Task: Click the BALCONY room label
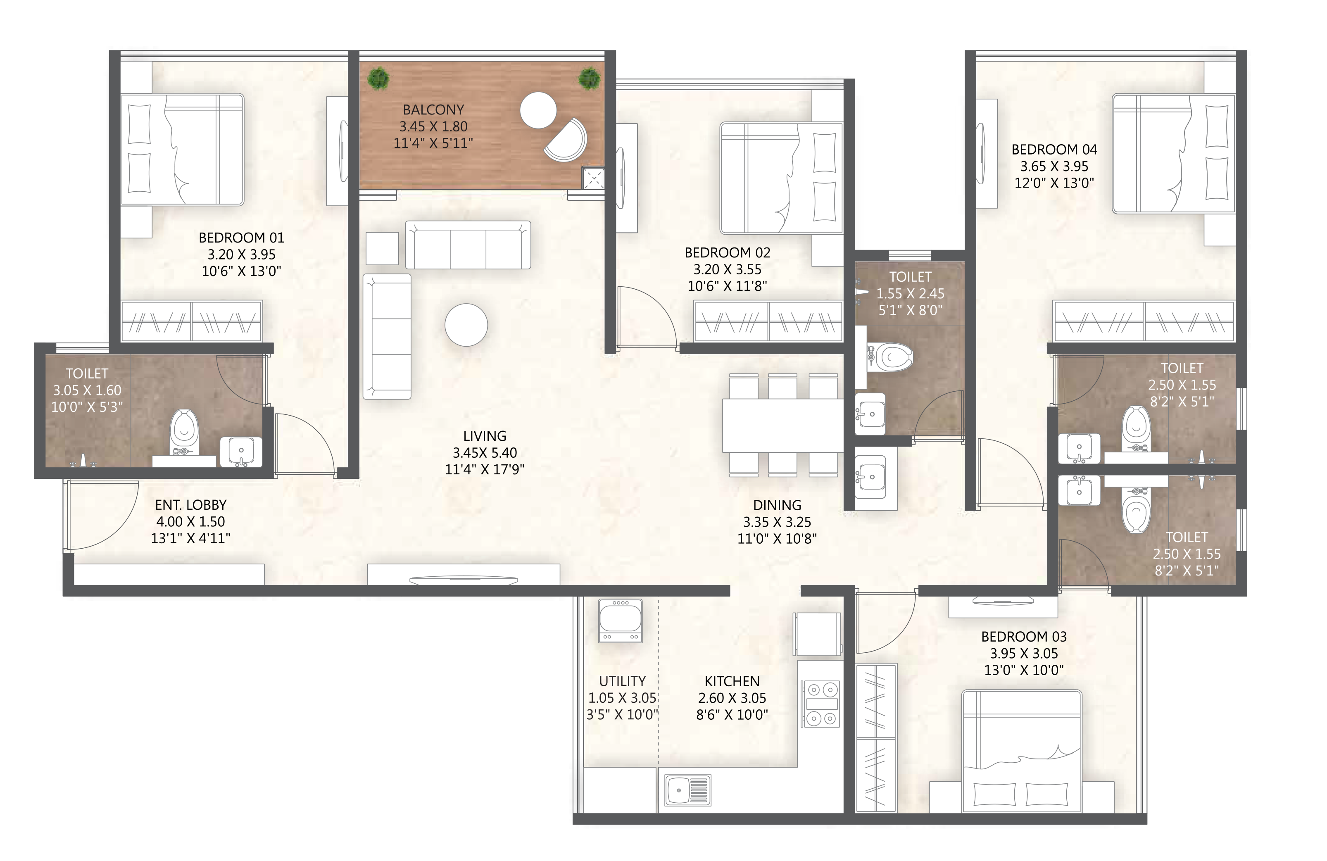coord(433,110)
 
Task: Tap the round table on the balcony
coord(538,110)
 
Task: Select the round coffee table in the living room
coord(466,325)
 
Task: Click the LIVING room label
coord(485,436)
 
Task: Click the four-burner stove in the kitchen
coord(821,703)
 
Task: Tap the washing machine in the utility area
coord(620,621)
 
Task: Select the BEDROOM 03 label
coord(1024,636)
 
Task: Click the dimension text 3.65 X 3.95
coord(1054,166)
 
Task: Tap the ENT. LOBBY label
coord(191,505)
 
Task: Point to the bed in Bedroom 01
coord(182,150)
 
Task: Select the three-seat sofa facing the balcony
coord(467,245)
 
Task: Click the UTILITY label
coord(622,681)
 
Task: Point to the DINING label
coord(777,505)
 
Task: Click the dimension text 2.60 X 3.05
coord(732,698)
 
